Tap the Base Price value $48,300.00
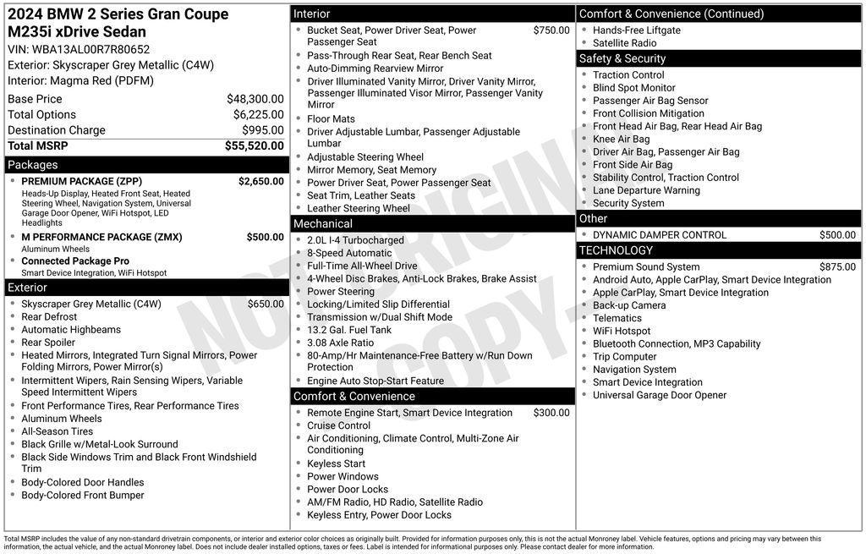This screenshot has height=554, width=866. [x=255, y=99]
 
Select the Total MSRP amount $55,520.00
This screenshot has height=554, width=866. [x=254, y=145]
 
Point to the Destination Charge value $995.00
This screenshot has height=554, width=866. [x=262, y=130]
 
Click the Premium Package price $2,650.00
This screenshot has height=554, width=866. [x=260, y=181]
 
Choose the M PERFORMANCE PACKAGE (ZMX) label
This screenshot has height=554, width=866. [x=101, y=237]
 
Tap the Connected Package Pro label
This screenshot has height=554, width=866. [x=75, y=261]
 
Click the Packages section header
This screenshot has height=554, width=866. [x=33, y=165]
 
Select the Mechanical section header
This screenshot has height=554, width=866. [x=322, y=224]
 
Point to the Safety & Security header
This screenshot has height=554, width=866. [x=622, y=58]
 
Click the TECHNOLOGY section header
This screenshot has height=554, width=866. [x=616, y=250]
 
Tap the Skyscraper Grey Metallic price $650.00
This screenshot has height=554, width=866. [x=266, y=304]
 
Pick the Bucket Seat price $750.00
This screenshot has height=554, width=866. [x=551, y=30]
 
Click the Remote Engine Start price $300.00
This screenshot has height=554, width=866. [x=551, y=413]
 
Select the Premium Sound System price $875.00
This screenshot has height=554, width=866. [x=837, y=266]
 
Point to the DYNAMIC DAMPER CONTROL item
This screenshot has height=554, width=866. [x=660, y=235]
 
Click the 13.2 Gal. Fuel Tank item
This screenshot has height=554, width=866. [x=349, y=330]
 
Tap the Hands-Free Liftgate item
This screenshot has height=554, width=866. [x=636, y=30]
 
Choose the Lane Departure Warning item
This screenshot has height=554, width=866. [x=646, y=190]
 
